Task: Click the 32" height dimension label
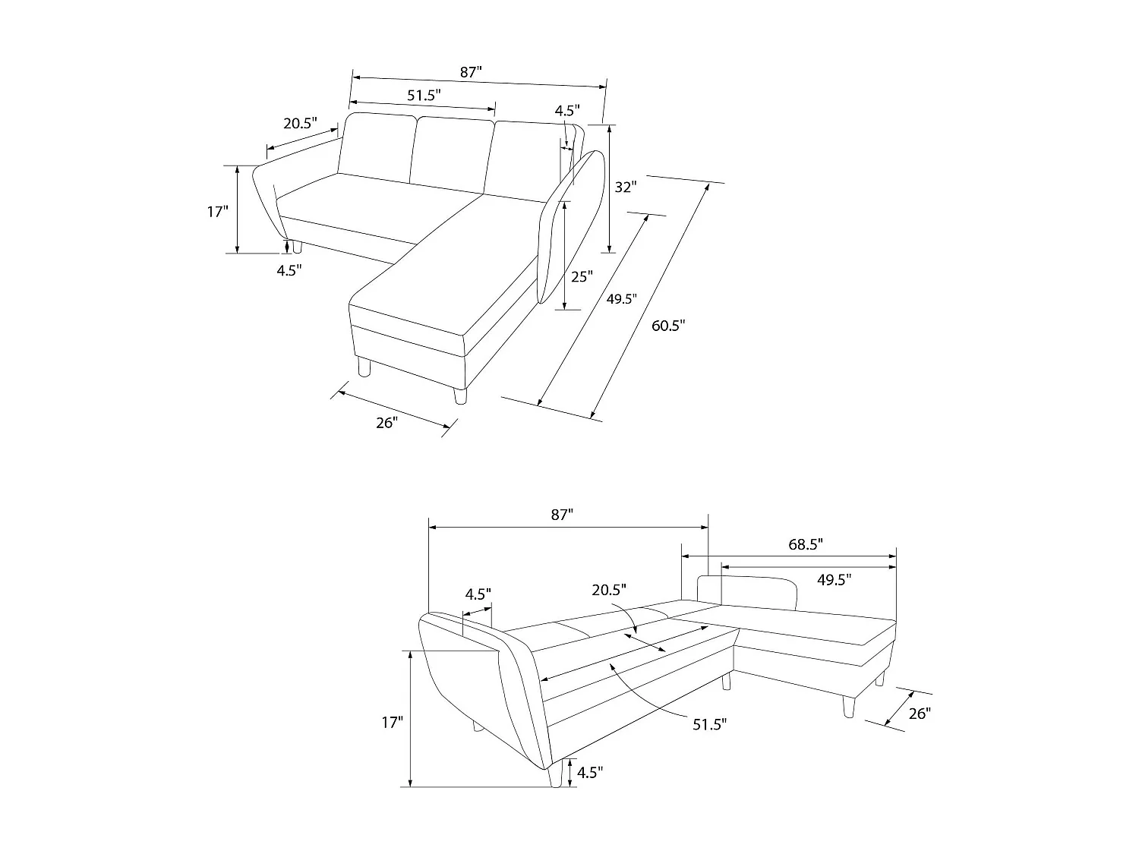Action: (x=625, y=187)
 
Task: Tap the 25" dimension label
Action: (x=581, y=277)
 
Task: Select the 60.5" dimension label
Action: (x=668, y=326)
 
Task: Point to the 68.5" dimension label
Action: (x=805, y=544)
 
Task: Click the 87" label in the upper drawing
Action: (x=471, y=72)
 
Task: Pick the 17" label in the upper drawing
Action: (x=217, y=212)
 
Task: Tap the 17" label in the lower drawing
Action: (x=391, y=723)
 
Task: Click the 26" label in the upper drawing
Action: (x=386, y=423)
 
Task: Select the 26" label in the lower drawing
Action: (x=919, y=714)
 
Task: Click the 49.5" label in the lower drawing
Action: (x=834, y=580)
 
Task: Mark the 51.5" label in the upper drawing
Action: (x=424, y=95)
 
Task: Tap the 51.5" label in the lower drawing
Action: (x=709, y=724)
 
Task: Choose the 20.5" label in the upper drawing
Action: (x=300, y=124)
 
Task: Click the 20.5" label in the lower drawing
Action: (x=610, y=589)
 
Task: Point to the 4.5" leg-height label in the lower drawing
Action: (x=590, y=773)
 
